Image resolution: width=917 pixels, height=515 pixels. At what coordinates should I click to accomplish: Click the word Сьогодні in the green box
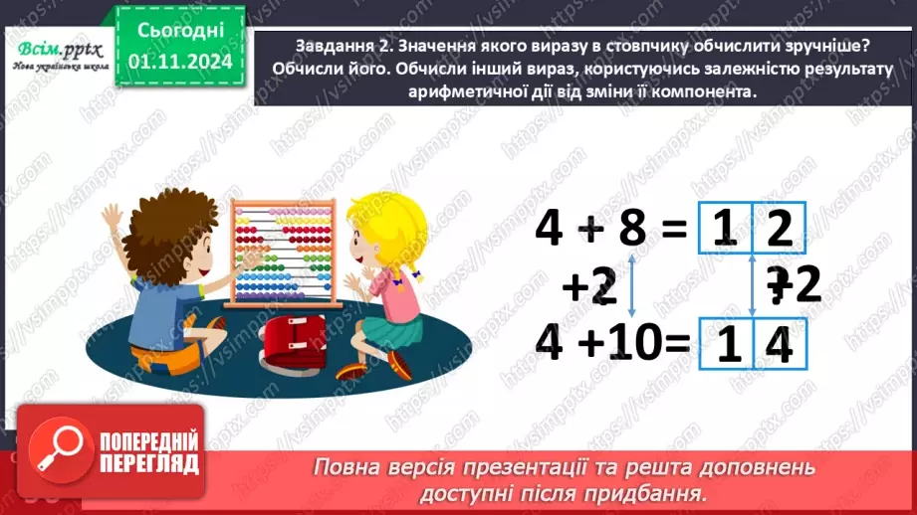(180, 32)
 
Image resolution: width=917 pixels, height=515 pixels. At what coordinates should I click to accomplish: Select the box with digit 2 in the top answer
(782, 232)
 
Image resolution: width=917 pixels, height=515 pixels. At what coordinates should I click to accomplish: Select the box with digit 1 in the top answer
(726, 232)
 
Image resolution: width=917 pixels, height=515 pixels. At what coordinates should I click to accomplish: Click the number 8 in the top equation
(631, 229)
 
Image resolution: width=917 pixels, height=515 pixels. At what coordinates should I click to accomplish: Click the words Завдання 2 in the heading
(341, 46)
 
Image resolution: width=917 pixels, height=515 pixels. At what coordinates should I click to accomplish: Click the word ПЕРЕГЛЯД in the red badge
(149, 463)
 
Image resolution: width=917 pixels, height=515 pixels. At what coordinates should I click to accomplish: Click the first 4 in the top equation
(550, 229)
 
